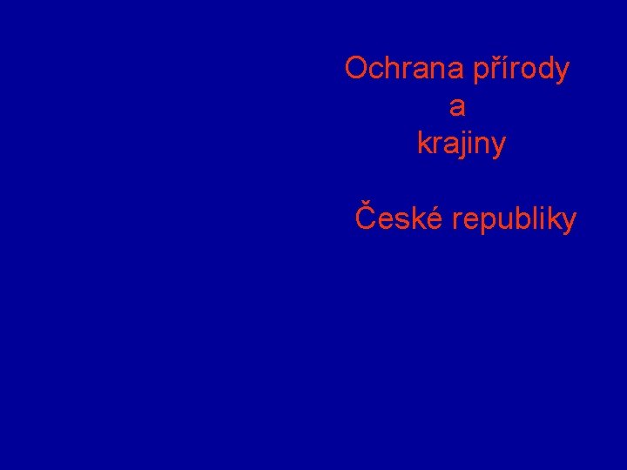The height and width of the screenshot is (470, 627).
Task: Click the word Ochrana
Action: tap(405, 68)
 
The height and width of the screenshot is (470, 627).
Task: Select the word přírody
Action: tap(521, 70)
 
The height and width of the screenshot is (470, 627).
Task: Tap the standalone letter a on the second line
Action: tap(457, 107)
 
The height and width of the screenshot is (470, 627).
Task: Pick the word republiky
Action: tap(515, 220)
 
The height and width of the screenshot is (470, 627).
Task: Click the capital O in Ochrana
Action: tap(356, 68)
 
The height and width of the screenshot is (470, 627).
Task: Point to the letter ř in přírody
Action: tap(494, 70)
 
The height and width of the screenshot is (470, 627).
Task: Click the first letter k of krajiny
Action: tap(424, 144)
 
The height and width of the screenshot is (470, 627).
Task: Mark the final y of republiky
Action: tap(569, 223)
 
